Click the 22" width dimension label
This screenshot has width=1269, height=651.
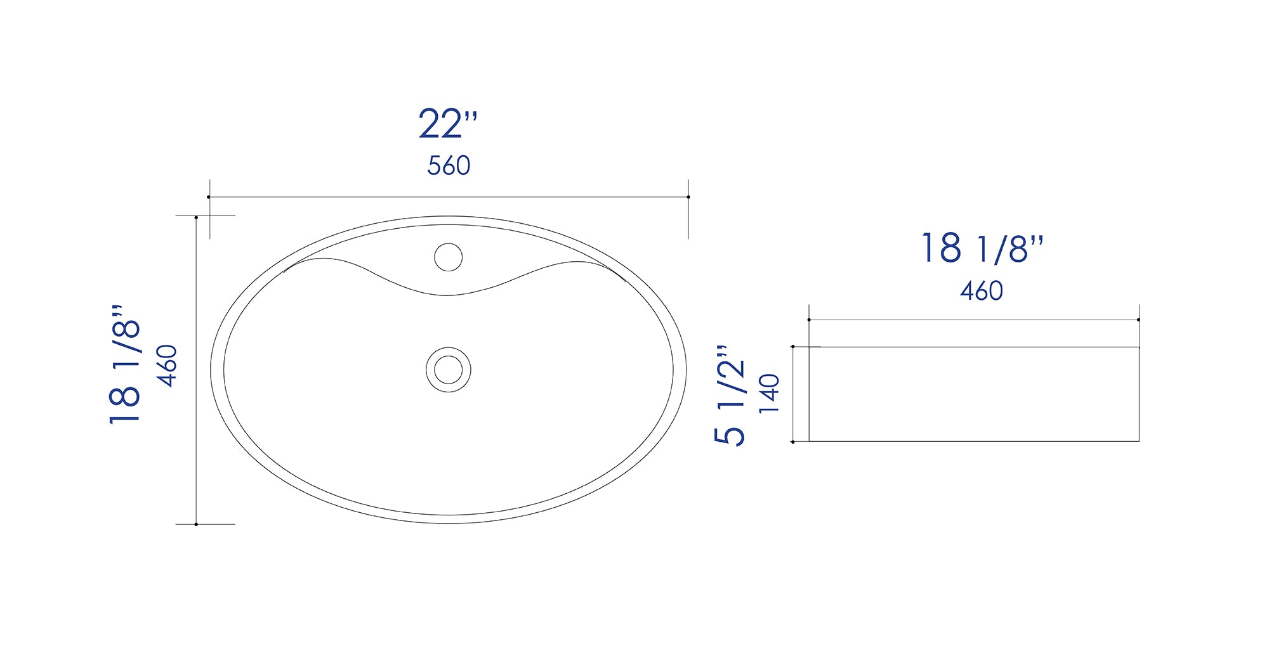click(447, 124)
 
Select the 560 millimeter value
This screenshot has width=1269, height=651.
click(449, 166)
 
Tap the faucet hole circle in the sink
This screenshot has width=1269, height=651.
click(448, 257)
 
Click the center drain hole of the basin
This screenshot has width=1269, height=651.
click(448, 370)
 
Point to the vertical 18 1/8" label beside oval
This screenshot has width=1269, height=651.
click(125, 365)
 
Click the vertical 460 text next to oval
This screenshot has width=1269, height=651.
click(168, 366)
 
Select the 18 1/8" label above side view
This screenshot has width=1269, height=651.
click(982, 248)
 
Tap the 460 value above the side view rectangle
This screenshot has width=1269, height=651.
click(981, 291)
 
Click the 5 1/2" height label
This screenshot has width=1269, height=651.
click(730, 396)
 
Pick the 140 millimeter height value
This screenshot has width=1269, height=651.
click(769, 394)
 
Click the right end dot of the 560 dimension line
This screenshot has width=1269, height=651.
click(688, 197)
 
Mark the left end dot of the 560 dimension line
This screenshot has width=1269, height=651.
click(209, 197)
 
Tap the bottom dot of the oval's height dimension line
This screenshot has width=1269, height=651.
click(197, 524)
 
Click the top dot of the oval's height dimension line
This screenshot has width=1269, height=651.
click(197, 217)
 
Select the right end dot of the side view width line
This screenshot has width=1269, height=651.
click(1138, 320)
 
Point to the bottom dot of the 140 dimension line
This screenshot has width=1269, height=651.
click(793, 442)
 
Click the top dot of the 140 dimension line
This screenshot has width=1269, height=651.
click(793, 347)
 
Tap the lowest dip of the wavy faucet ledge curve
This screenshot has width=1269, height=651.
click(448, 295)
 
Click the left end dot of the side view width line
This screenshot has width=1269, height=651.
click(809, 320)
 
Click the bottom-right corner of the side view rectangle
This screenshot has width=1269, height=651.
click(1139, 441)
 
